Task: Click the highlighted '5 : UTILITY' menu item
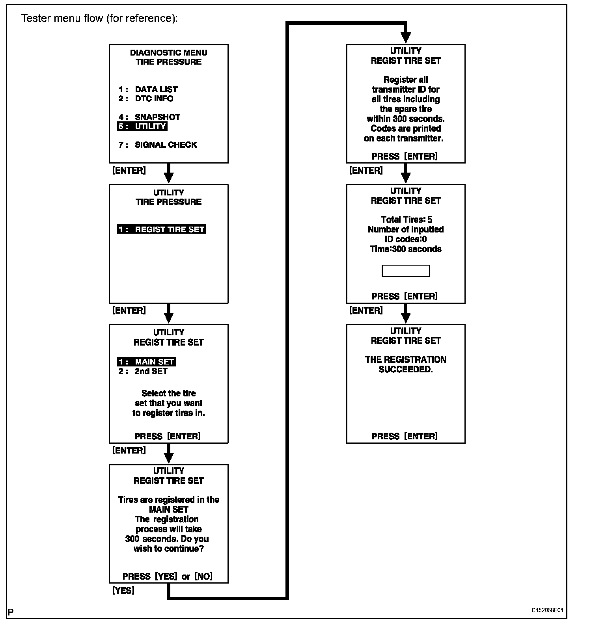point(142,126)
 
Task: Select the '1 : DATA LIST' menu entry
point(148,89)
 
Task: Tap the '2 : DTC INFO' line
point(146,99)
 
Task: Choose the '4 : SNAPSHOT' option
point(149,117)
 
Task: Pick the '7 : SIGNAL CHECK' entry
point(158,145)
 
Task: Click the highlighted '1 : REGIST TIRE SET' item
point(162,229)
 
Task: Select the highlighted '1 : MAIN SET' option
point(147,362)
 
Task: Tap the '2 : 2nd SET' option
point(143,371)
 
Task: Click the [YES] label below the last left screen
point(123,591)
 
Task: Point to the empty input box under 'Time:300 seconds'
point(405,271)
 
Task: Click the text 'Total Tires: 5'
point(406,219)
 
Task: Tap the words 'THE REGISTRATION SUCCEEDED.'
point(405,364)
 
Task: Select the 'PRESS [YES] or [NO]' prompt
point(168,576)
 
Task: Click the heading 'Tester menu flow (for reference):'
point(99,19)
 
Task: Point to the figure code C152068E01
point(547,610)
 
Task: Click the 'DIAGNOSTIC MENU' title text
point(169,53)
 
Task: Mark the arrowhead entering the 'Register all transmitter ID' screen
point(406,38)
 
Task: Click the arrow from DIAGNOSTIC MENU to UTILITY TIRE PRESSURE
point(169,173)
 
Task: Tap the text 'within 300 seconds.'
point(405,119)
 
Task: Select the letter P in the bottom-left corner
point(11,612)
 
